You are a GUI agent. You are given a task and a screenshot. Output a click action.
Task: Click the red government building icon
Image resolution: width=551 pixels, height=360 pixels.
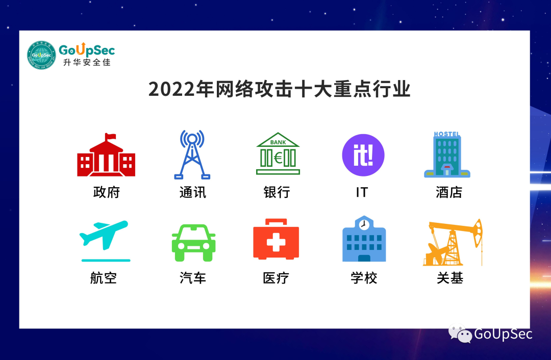tap(106, 156)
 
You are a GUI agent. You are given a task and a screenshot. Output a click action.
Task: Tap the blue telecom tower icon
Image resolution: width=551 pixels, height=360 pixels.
tap(192, 155)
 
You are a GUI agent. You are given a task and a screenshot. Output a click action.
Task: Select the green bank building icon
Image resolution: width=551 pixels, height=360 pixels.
tap(278, 154)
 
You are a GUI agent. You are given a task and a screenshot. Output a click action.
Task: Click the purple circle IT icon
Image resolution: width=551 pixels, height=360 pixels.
tap(363, 155)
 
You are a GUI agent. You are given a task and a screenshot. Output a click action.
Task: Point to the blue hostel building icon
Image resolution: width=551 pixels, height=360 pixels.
tap(447, 155)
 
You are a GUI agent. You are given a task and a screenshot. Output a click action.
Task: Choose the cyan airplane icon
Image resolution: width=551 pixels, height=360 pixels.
tap(105, 237)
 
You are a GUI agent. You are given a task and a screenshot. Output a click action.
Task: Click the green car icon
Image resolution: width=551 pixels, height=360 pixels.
tap(193, 243)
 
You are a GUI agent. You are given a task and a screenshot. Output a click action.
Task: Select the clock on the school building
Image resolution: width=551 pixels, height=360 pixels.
tap(364, 224)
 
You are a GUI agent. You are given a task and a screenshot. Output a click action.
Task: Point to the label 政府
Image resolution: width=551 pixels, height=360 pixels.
tap(106, 192)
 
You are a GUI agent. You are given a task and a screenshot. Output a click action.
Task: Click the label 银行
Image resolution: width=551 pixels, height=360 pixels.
tap(277, 192)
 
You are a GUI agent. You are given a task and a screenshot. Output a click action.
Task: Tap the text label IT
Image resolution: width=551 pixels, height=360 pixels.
tap(362, 192)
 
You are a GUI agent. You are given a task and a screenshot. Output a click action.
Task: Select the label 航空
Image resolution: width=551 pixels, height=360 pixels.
tap(104, 278)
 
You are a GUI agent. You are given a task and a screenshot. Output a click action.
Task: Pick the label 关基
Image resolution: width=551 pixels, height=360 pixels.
tap(449, 278)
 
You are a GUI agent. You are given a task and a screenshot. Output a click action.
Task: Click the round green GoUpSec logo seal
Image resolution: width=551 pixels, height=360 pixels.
tap(41, 56)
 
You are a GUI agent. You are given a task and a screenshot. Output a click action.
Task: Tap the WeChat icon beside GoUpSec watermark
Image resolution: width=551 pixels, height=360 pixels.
tap(460, 334)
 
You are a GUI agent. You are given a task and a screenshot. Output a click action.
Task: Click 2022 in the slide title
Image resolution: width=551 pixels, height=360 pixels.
tap(167, 90)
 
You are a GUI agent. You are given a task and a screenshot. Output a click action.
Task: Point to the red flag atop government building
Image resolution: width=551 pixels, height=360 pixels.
tap(110, 136)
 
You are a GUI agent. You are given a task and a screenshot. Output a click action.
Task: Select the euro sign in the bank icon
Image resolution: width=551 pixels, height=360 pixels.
tap(278, 158)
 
